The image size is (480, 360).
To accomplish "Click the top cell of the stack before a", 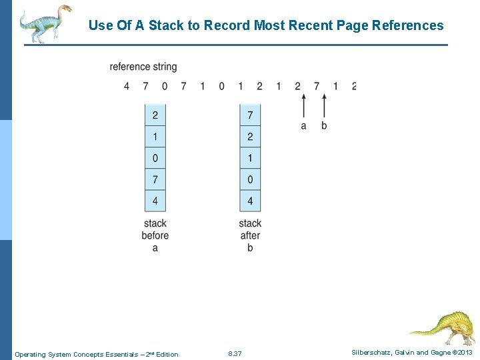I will click(x=155, y=115).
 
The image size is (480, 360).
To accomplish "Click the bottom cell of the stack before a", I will click(x=155, y=200).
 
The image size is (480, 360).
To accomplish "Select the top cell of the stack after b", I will click(x=250, y=115).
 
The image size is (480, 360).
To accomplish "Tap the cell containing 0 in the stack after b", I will click(x=250, y=179).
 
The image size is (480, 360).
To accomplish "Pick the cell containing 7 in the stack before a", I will click(x=155, y=179).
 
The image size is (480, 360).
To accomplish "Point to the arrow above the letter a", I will click(x=304, y=105).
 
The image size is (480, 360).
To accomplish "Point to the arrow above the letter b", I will click(x=324, y=105).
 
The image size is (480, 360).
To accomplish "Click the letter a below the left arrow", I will click(x=304, y=125).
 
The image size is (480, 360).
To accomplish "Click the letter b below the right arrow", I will click(x=324, y=125).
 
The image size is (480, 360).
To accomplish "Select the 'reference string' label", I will click(x=143, y=67).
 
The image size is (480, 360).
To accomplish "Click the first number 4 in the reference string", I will click(x=127, y=86).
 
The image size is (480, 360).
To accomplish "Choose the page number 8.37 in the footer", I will click(x=235, y=354).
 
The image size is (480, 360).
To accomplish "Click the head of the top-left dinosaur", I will click(x=64, y=11).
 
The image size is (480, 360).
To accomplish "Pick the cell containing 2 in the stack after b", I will click(x=250, y=137).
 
